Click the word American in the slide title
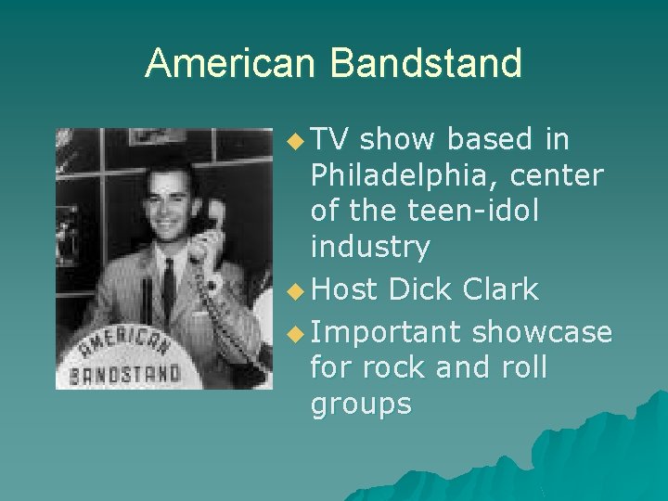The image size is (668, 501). click(232, 63)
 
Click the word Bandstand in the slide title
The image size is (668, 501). click(426, 63)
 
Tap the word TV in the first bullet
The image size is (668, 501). click(329, 139)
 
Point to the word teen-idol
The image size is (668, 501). click(473, 211)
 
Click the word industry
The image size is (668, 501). click(370, 247)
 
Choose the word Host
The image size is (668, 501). click(345, 289)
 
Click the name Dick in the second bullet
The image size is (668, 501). click(420, 289)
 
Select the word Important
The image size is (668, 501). click(386, 331)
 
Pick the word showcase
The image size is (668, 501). click(542, 331)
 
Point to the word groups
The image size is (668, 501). click(361, 404)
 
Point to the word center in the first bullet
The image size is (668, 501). click(563, 175)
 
